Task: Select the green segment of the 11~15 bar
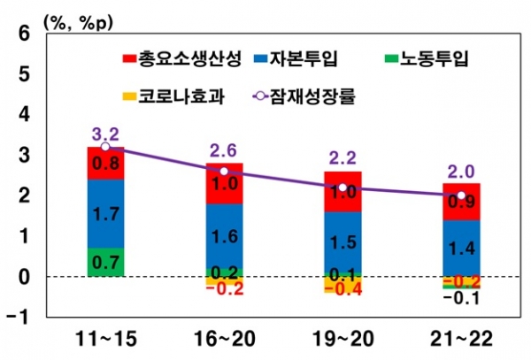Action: [x=105, y=262]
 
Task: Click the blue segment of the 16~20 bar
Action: [x=224, y=235]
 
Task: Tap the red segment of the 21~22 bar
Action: [x=461, y=202]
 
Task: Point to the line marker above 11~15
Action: [x=105, y=147]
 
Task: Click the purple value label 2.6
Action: [x=224, y=149]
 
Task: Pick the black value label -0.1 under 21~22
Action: [x=460, y=298]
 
